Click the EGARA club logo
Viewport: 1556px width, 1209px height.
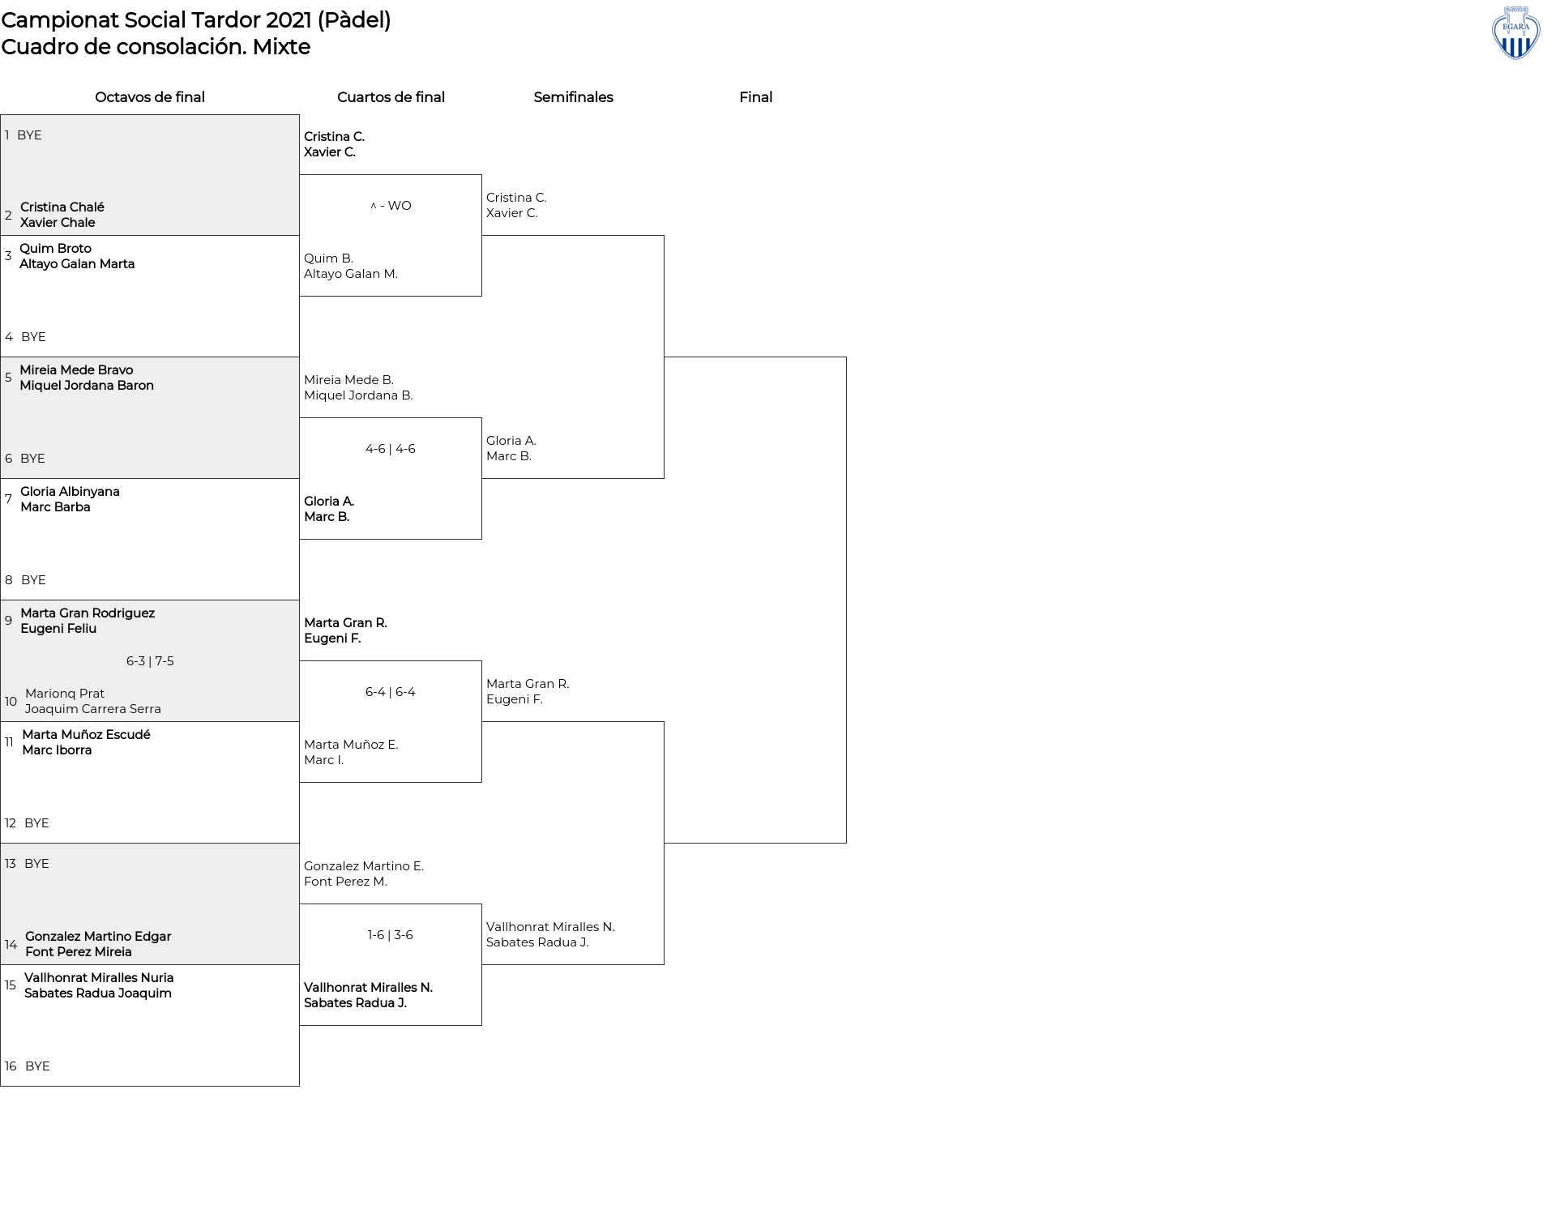point(1515,33)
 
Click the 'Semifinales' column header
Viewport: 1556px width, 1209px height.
point(573,97)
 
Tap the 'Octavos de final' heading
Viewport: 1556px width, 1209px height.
point(150,97)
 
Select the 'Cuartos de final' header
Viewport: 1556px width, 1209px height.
point(391,97)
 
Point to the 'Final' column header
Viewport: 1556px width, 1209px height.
point(755,97)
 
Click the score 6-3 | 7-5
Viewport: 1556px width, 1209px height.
point(150,661)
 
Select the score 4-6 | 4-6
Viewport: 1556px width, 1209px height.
point(391,449)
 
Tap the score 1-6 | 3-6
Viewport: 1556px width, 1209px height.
point(391,935)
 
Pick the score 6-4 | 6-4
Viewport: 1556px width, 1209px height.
point(391,692)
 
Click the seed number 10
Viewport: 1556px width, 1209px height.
point(11,702)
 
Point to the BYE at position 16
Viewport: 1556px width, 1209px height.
point(37,1066)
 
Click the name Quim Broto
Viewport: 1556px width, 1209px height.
point(55,249)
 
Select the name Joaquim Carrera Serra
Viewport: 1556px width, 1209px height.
point(92,709)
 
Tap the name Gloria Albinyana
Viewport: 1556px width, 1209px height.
point(70,492)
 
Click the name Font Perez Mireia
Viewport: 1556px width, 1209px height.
point(78,952)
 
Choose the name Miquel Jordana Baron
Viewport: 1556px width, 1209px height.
point(87,386)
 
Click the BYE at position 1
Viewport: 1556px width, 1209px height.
point(29,135)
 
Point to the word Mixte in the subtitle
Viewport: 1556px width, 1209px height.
point(281,47)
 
